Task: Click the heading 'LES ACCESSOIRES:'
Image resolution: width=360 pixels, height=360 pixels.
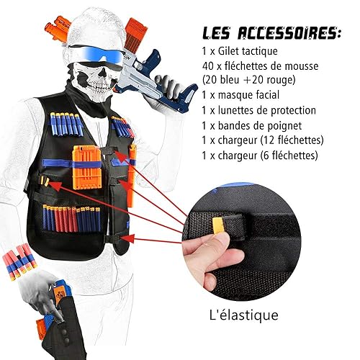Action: click(271, 33)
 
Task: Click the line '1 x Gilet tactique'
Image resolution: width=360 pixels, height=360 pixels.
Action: click(240, 51)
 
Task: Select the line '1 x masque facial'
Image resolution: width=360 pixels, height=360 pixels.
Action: click(240, 95)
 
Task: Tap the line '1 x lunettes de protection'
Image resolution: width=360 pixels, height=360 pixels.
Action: click(259, 110)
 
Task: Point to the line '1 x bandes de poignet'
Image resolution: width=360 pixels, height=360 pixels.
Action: click(252, 126)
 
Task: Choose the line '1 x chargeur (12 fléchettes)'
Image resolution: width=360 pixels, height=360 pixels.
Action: click(263, 140)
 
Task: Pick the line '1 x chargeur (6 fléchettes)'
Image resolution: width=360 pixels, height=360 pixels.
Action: click(260, 156)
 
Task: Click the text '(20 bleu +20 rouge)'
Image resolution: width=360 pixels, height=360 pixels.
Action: click(249, 80)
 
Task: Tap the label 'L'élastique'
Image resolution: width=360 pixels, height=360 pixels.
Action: click(244, 315)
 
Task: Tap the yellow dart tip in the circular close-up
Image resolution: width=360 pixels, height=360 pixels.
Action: click(218, 225)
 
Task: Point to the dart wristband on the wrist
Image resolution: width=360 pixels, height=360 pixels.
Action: click(19, 259)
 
